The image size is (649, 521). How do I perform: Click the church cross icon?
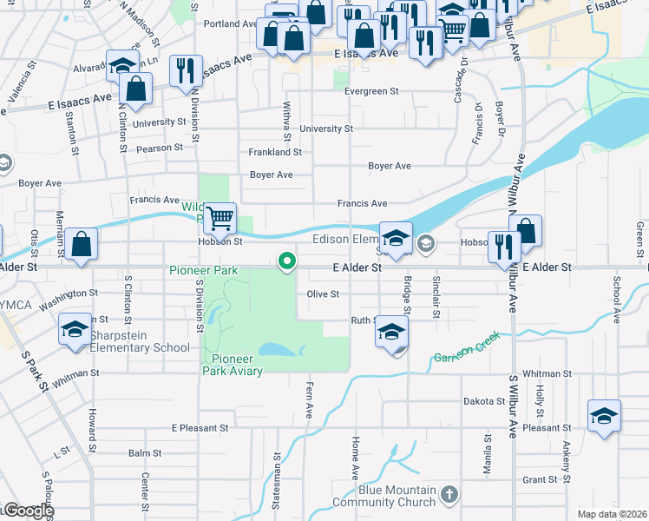tap(448, 495)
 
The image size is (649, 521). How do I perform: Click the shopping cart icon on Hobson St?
tap(220, 219)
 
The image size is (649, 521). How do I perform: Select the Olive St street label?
tap(322, 294)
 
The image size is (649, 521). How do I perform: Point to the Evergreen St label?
tap(370, 91)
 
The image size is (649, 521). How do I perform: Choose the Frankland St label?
tap(274, 152)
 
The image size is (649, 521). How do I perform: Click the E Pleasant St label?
tap(200, 428)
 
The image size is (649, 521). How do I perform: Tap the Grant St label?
tap(540, 479)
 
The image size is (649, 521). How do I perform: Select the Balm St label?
tap(145, 453)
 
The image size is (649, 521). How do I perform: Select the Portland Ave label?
tap(231, 23)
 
